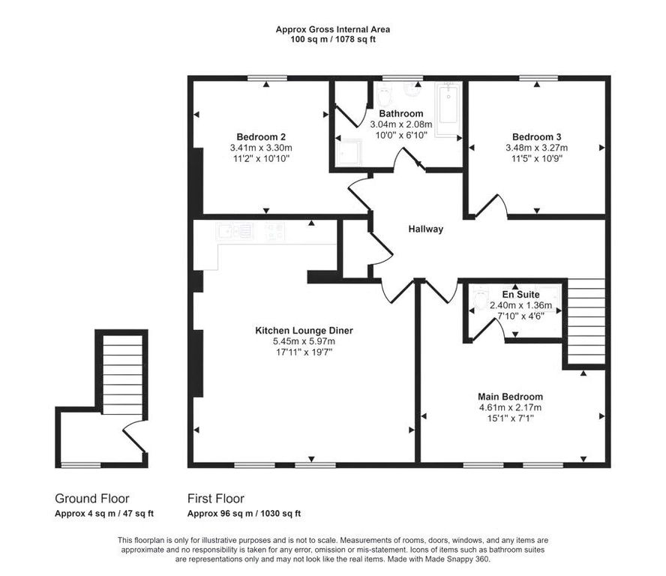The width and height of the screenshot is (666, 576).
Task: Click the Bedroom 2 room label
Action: [x=261, y=136]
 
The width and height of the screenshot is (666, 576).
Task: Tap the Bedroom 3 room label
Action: [x=536, y=136]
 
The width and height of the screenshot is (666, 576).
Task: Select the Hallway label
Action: [x=425, y=229]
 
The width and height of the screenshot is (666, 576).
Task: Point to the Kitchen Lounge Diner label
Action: [x=304, y=330]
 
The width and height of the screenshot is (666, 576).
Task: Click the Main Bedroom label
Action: [x=510, y=396]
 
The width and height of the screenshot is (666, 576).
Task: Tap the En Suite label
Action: [x=520, y=294]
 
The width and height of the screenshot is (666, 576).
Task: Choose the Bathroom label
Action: [x=401, y=113]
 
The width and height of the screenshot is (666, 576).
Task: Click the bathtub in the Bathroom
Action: [x=448, y=104]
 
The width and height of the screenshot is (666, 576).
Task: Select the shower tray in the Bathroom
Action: [x=349, y=153]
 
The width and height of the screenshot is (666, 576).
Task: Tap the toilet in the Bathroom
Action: [x=384, y=95]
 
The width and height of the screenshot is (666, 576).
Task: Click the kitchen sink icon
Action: [x=235, y=232]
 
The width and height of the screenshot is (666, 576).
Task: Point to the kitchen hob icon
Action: [x=274, y=232]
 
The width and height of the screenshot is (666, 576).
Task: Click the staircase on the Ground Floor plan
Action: [x=122, y=375]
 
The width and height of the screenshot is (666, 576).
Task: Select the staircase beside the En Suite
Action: [x=586, y=321]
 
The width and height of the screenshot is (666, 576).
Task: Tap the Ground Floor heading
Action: [x=91, y=498]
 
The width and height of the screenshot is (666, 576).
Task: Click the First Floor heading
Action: [x=216, y=498]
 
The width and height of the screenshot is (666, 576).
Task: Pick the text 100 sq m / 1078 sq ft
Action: [x=333, y=40]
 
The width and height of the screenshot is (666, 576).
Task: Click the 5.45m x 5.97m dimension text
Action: [x=304, y=341]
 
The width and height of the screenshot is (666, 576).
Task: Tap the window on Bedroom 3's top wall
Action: [x=538, y=78]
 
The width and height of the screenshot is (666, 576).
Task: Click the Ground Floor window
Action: [x=81, y=465]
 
